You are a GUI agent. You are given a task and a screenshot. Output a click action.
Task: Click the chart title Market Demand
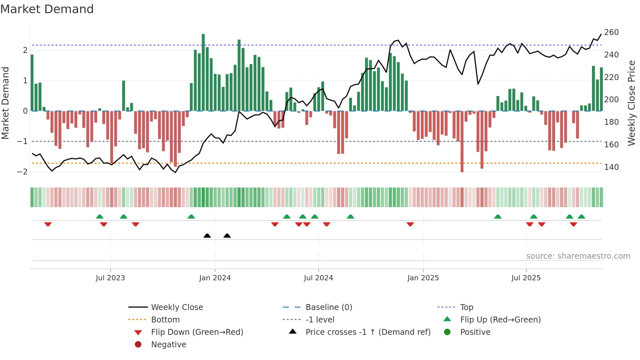coord(47,9)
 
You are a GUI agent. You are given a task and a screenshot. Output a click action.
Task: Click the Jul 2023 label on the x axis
coord(110,278)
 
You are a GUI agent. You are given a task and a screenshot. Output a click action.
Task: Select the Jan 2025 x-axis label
coord(423,278)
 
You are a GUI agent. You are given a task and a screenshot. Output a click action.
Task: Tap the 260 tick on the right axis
coord(611,32)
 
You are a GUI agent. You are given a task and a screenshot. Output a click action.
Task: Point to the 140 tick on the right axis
coord(611,167)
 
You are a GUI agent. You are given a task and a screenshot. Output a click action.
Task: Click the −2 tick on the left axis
coord(22,172)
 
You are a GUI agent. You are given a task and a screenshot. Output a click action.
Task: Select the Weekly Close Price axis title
coord(632,103)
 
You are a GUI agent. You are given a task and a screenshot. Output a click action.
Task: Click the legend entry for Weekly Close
coord(177,307)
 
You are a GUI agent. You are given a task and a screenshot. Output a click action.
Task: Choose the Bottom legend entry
coord(165,320)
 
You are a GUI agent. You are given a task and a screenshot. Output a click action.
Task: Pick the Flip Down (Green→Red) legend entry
coord(197,332)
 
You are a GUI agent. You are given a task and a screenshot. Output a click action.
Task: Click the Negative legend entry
coord(168,345)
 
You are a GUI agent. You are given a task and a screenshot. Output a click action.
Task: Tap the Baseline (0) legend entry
coord(328,307)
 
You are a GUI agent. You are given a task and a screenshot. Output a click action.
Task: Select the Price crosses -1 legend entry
coord(368,332)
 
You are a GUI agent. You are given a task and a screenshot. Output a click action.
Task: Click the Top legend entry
coord(466,307)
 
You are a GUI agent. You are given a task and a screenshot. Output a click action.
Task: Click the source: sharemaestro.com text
coord(578,256)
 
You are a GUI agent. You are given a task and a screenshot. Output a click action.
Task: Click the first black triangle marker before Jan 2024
coord(207,236)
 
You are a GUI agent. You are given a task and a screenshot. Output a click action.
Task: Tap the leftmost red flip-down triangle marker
coord(48,224)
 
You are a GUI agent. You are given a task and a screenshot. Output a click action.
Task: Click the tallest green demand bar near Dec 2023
coord(203,72)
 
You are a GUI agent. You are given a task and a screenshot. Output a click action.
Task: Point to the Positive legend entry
coord(475,332)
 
